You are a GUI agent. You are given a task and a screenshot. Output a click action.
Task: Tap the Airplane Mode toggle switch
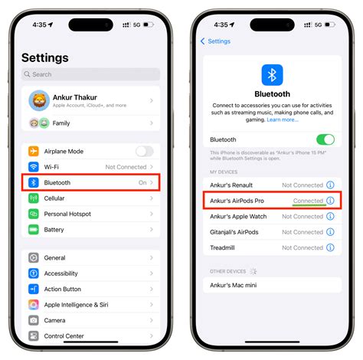coord(144,151)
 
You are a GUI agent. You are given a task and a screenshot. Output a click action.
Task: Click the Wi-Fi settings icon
coord(34,167)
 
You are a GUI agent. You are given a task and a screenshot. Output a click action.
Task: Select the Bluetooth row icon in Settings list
coord(34,182)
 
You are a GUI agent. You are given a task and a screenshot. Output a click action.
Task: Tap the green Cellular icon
coord(34,198)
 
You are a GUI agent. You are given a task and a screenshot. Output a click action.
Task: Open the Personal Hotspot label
coord(67,214)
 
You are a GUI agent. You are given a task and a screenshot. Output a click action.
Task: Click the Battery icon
coord(34,229)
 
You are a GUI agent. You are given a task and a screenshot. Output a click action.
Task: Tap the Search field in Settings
coord(90,74)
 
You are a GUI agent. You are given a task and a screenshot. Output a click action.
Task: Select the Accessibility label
coord(60,273)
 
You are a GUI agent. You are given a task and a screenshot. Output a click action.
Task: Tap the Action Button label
coord(63,289)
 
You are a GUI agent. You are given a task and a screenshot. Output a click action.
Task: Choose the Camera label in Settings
coord(54,320)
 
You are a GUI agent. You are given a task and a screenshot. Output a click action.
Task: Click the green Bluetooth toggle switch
coord(325,139)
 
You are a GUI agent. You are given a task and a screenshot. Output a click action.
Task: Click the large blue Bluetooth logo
coord(272,74)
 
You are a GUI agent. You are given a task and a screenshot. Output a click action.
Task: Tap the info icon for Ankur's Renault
coord(330,185)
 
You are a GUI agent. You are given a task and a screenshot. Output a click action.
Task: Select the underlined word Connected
coord(309,201)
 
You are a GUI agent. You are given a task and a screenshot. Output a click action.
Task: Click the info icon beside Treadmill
coord(330,247)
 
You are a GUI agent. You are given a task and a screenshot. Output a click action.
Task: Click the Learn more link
coord(282,120)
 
